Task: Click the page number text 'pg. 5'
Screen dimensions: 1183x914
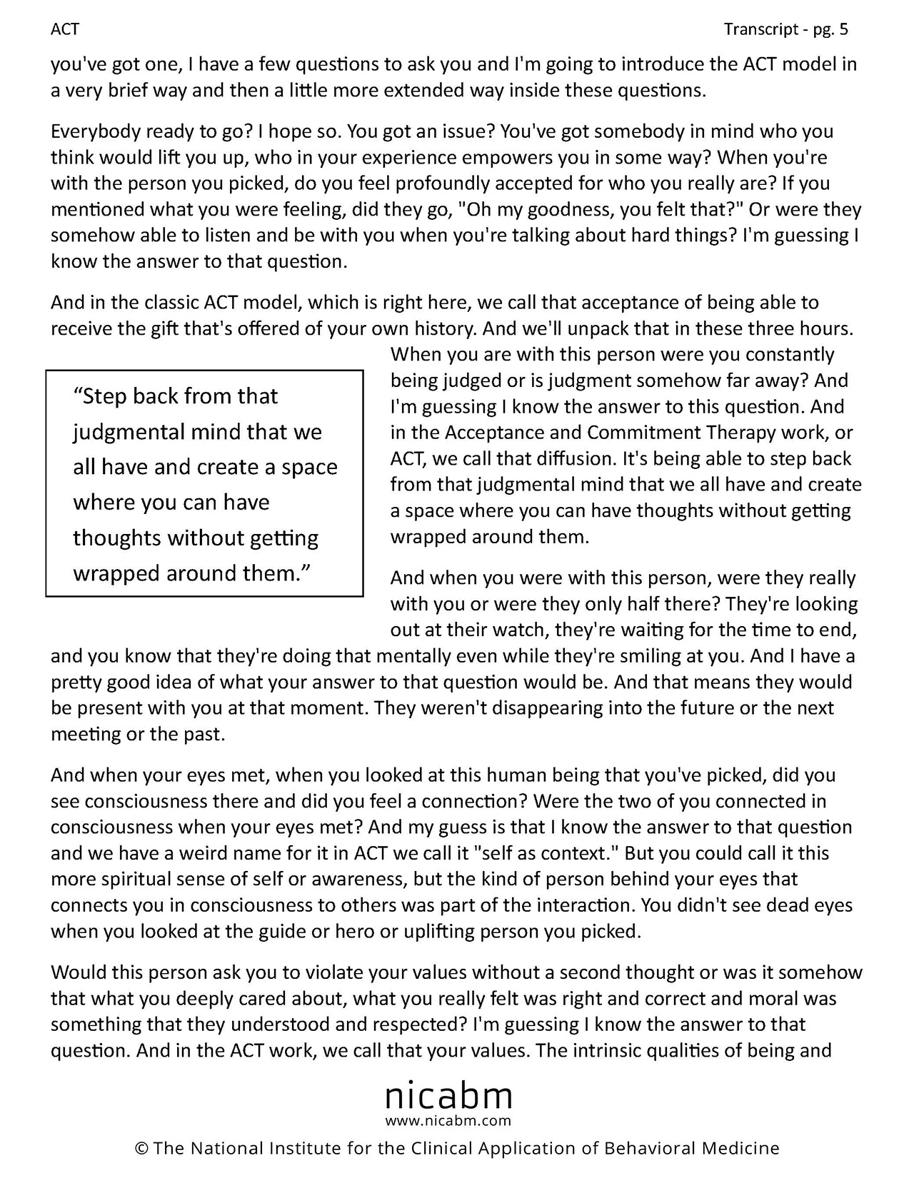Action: (829, 29)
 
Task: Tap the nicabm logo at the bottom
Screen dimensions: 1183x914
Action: (448, 1095)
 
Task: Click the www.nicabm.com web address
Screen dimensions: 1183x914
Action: (448, 1120)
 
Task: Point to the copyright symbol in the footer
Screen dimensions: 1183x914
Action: (141, 1149)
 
